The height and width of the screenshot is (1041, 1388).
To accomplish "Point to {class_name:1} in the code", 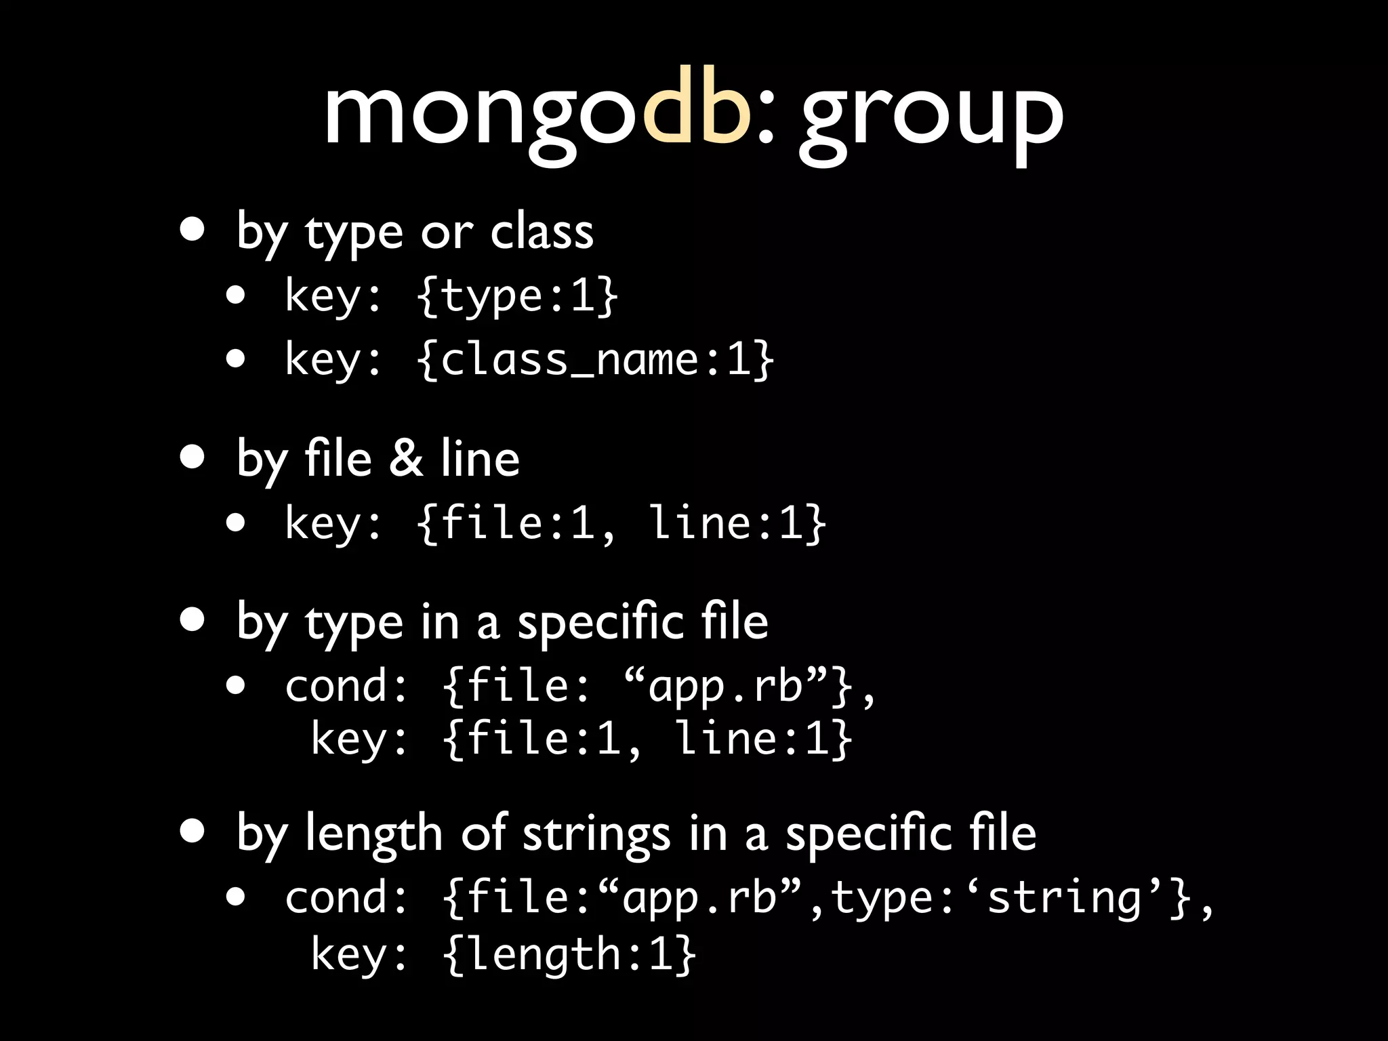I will tap(596, 359).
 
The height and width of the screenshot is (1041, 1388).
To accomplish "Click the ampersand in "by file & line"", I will tap(406, 458).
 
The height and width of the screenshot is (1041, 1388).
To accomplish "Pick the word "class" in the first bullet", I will tap(542, 232).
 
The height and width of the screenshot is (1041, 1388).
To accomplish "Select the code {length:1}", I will tap(570, 954).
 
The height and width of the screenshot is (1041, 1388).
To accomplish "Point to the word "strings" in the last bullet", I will tap(596, 834).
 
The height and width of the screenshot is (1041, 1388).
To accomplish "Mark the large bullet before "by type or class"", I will tap(192, 230).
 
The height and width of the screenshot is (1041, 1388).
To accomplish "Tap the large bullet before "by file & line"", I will tap(192, 457).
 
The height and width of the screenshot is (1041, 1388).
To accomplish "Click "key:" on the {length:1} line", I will tap(360, 954).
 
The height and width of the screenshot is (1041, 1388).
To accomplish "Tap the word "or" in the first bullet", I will tap(446, 232).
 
